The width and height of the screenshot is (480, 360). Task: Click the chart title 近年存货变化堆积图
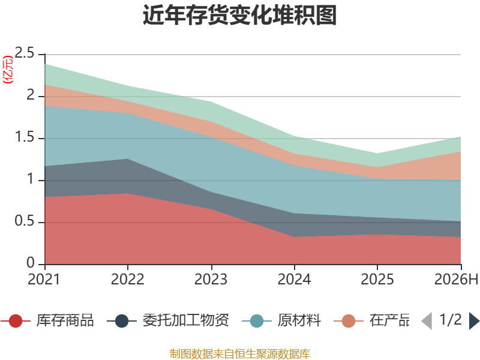[239, 14]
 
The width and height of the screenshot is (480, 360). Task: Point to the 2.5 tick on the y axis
[25, 53]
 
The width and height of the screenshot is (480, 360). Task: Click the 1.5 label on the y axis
[25, 137]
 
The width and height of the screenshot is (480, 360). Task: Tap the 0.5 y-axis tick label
[25, 221]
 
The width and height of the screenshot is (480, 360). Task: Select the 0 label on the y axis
[31, 263]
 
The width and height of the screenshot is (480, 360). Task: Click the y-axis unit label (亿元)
[8, 70]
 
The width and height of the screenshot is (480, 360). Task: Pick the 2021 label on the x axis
[44, 279]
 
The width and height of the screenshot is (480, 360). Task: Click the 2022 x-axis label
[127, 279]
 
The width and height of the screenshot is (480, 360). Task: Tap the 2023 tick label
[211, 279]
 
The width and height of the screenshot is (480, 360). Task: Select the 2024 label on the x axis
[294, 279]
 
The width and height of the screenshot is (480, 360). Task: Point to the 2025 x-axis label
[377, 279]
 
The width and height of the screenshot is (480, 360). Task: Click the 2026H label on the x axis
[456, 279]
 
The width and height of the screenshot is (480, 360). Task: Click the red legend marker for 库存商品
[16, 321]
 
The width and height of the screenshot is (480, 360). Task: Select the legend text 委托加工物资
[186, 320]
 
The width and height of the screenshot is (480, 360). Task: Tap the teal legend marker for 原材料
[257, 321]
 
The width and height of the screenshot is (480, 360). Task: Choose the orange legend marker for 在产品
[349, 321]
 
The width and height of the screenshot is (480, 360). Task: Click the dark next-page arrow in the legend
[474, 321]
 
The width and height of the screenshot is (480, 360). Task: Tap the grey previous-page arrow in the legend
[427, 321]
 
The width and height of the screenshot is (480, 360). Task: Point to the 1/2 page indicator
[451, 320]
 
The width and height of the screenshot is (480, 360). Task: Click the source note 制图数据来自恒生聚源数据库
[240, 354]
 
